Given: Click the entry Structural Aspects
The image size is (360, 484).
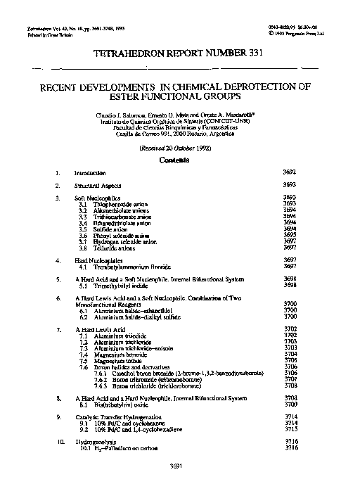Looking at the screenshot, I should point(98,184).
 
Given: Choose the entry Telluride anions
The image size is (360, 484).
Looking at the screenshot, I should point(109,248).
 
